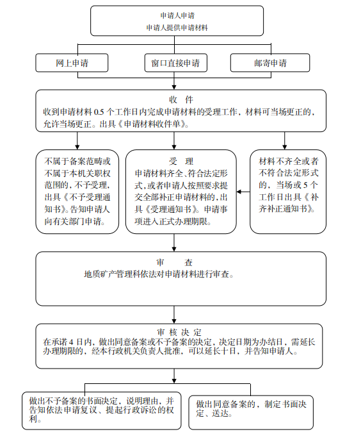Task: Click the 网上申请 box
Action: (72, 63)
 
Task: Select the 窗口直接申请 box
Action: (175, 63)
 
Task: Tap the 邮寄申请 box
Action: (270, 63)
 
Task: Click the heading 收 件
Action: (181, 99)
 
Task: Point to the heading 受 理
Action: (181, 161)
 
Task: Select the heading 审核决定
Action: (179, 332)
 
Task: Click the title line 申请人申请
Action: (177, 15)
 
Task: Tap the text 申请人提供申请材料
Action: (177, 28)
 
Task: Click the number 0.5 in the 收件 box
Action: (99, 112)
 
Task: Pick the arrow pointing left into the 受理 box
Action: (243, 192)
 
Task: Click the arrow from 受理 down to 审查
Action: (174, 242)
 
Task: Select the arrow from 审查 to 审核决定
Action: (174, 315)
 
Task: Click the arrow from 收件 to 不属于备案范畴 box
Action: (77, 140)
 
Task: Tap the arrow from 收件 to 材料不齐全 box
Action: (285, 140)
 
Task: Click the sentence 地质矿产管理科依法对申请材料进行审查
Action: (159, 274)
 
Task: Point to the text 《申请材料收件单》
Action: (152, 124)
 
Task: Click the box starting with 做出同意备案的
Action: (251, 412)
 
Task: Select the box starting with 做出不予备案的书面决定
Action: (101, 411)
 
